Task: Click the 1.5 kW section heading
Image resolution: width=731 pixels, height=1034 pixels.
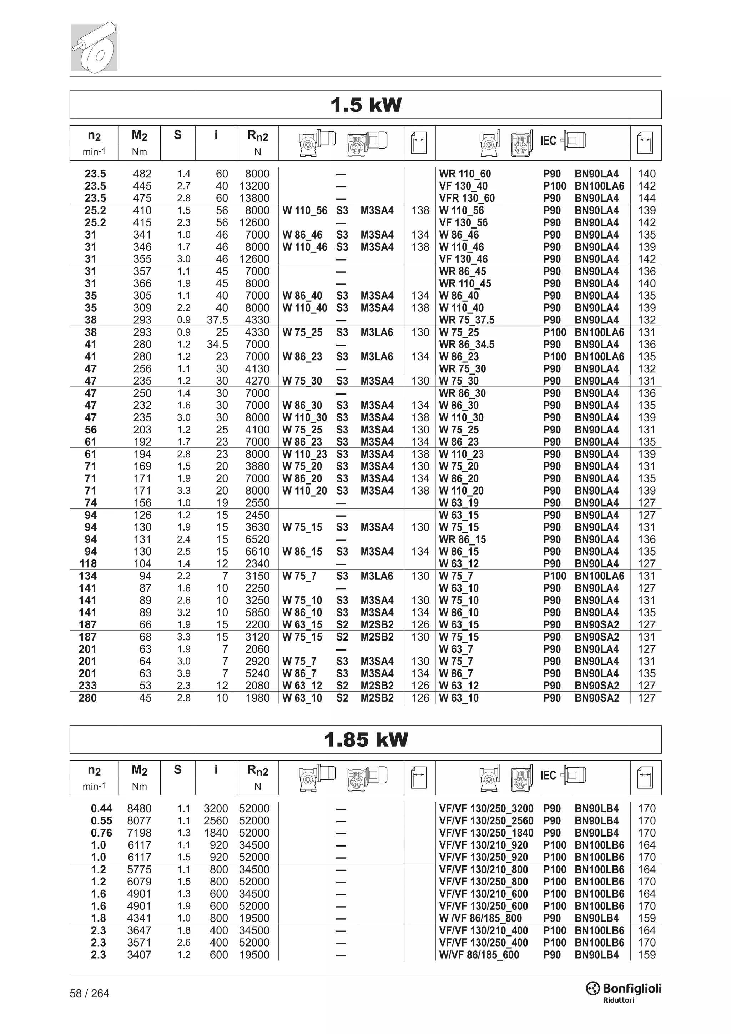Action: (x=365, y=105)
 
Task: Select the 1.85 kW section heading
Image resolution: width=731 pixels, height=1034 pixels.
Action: (x=365, y=739)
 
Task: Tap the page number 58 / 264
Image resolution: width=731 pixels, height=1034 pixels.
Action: (x=89, y=993)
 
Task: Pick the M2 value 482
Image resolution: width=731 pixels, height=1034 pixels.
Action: (x=142, y=174)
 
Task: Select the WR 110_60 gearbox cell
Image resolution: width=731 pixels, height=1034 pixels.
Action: (x=465, y=174)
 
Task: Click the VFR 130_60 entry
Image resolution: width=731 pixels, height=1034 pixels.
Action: (x=467, y=198)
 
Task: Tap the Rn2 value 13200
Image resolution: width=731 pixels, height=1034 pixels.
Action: (x=254, y=186)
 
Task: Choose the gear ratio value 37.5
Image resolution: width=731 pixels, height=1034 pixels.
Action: (x=217, y=320)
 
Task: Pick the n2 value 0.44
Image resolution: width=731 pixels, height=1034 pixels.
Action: (x=101, y=808)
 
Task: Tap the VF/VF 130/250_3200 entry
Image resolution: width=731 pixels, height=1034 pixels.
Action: (x=486, y=808)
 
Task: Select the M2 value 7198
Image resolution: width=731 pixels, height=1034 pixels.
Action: (x=139, y=833)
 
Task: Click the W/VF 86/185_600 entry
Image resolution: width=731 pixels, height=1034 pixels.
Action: (x=479, y=955)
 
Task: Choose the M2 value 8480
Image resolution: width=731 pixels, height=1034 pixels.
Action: (x=139, y=808)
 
